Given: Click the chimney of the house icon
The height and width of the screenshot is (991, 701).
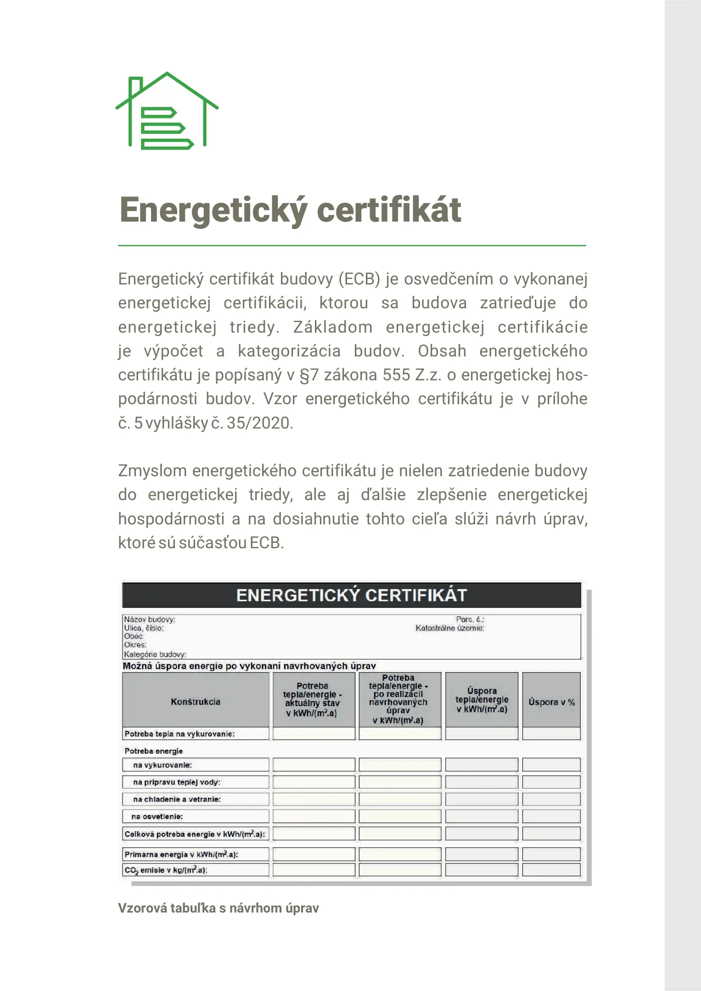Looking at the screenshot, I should click(135, 88).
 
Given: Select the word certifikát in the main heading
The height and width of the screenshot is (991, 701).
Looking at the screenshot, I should click(389, 210).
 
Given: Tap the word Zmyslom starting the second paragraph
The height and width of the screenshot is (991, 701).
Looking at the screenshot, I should click(152, 471).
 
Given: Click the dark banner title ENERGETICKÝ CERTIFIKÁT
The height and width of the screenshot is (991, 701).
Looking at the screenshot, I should click(351, 595).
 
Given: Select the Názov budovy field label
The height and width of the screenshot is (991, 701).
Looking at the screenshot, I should click(150, 619).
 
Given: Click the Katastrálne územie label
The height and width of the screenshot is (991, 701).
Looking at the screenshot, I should click(449, 628).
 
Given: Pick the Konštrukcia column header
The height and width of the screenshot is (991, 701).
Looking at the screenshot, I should click(196, 701).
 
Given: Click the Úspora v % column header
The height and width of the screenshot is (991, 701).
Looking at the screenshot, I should click(551, 702).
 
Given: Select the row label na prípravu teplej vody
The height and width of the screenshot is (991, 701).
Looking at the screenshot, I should click(177, 782).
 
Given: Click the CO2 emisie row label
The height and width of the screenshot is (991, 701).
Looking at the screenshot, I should click(166, 870).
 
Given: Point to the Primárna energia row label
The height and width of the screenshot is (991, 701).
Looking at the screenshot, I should click(181, 854).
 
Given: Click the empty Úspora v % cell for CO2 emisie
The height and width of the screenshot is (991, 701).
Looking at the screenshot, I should click(551, 870).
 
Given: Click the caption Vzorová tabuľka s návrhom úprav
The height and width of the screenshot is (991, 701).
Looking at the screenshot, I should click(219, 908).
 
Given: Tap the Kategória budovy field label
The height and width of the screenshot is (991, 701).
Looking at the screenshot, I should click(155, 654).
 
